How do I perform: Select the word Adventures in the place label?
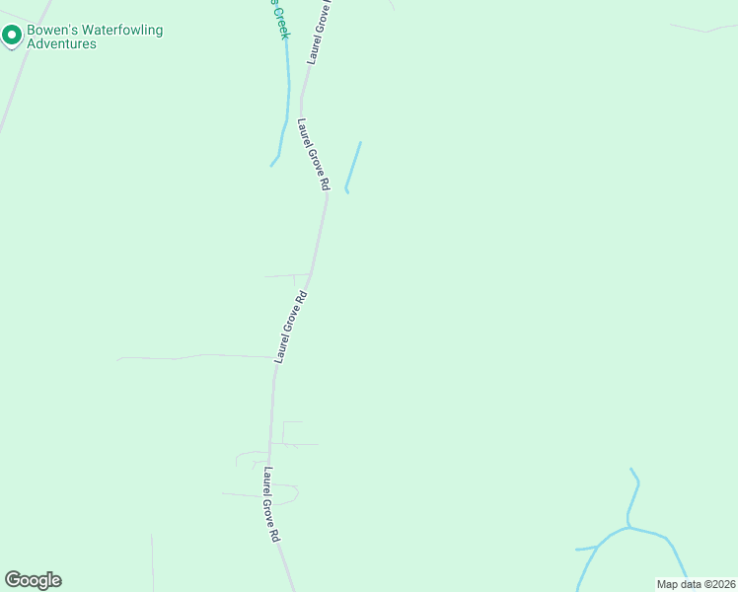coord(61,44)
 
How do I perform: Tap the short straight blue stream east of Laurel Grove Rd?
coord(353,166)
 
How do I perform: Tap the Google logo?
coord(33,580)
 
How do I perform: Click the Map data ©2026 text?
coord(696,584)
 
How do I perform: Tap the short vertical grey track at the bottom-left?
coord(152,562)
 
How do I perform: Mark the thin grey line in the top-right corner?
coord(702,29)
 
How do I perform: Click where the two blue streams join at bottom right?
coord(627,528)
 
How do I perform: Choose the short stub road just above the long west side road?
coord(287,276)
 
